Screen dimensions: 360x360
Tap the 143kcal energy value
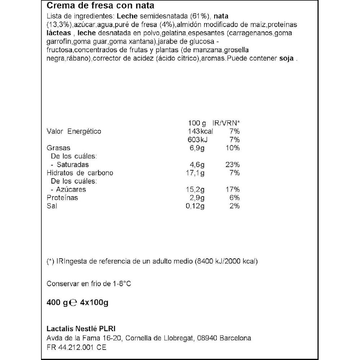[201, 131]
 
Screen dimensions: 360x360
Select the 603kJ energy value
[198, 140]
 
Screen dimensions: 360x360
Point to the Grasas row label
[59, 148]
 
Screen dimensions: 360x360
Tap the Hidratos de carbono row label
[80, 173]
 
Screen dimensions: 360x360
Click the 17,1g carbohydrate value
[196, 173]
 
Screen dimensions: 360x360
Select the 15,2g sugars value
[196, 189]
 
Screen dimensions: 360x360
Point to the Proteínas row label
[62, 198]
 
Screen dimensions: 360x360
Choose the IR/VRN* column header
[225, 123]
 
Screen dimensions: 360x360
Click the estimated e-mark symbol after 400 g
[72, 303]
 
